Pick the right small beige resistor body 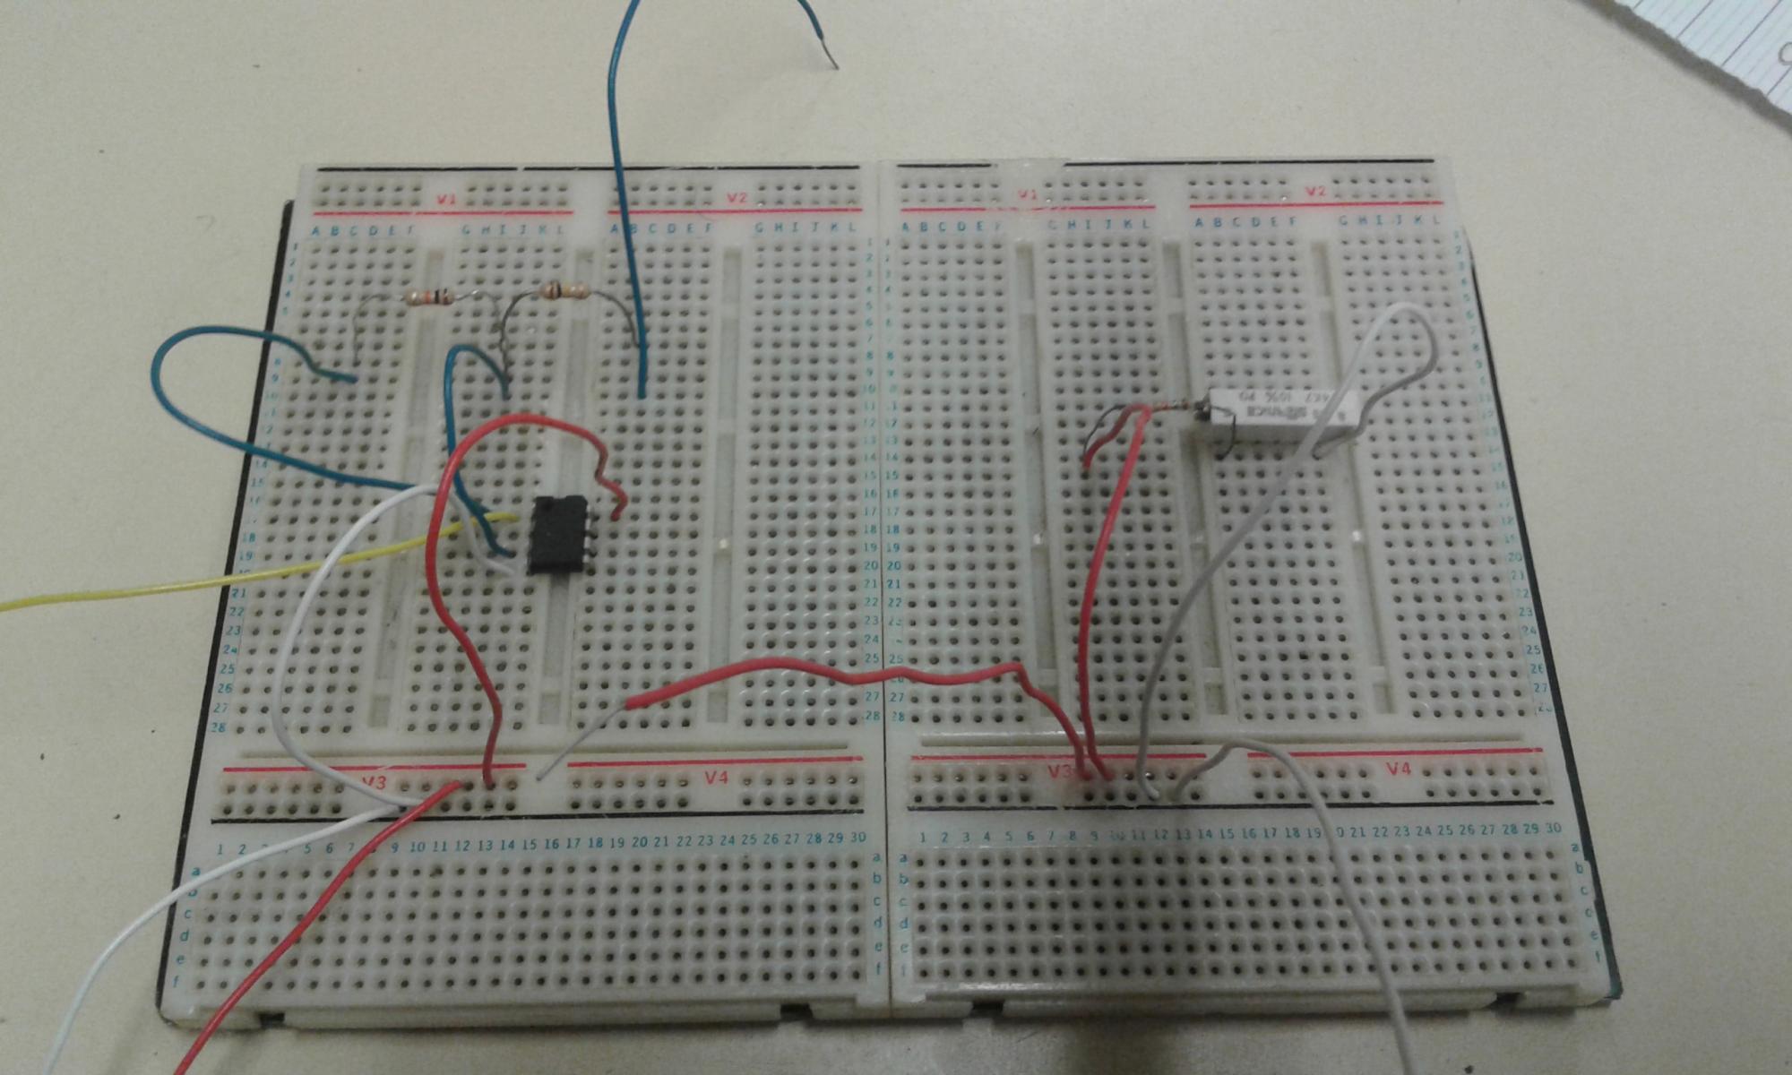[x=565, y=289]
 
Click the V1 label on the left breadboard [x=445, y=199]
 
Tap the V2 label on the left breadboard [x=737, y=198]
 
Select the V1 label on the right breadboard [x=1027, y=194]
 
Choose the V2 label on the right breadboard [x=1314, y=192]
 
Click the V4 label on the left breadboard [x=715, y=778]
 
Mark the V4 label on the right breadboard [x=1398, y=769]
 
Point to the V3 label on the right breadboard [x=1060, y=771]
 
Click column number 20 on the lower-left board [x=639, y=843]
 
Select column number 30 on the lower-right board [x=1553, y=828]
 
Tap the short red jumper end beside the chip [x=616, y=511]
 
